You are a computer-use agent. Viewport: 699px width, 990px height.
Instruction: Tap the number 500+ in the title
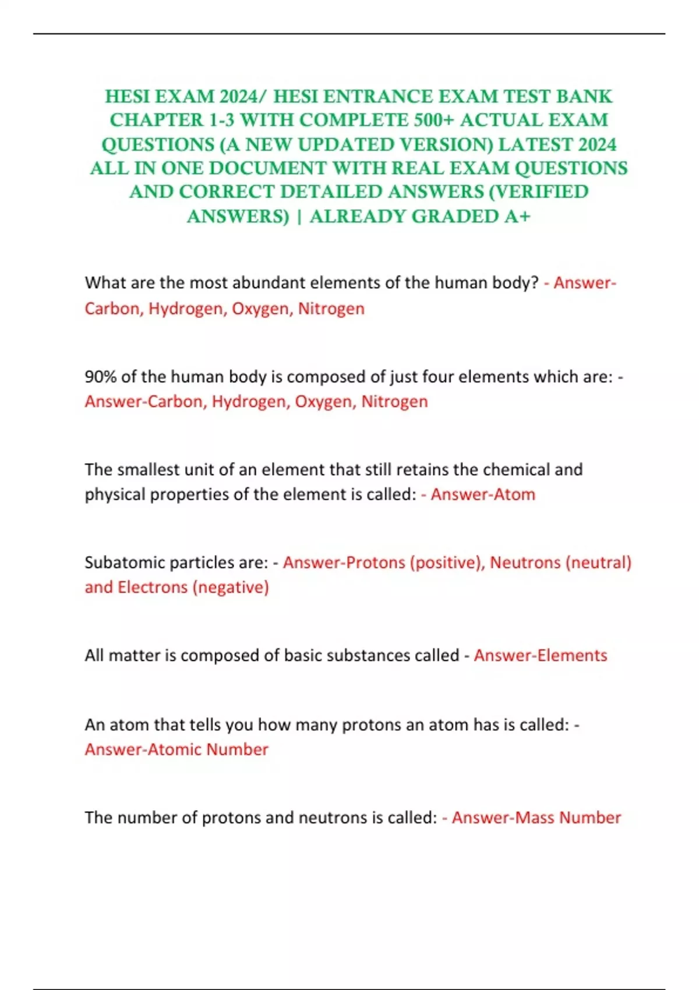point(434,120)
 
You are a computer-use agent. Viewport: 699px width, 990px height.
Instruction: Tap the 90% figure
point(101,377)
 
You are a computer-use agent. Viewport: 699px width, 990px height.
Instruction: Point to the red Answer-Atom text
point(482,494)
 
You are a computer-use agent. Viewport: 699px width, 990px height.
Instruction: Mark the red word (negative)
point(231,587)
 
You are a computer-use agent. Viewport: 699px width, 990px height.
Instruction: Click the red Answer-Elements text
point(540,656)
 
